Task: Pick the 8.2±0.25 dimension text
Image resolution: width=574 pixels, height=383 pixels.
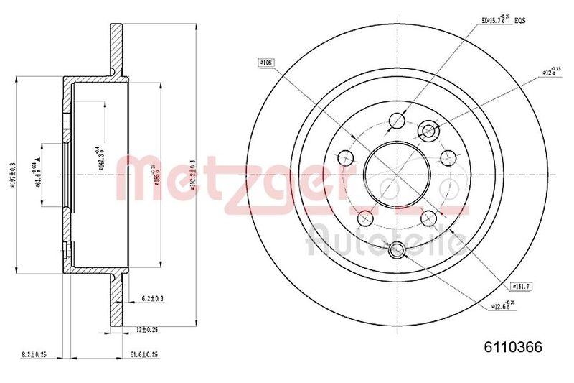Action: click(x=34, y=354)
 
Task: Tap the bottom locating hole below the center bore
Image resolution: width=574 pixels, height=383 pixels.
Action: click(x=397, y=251)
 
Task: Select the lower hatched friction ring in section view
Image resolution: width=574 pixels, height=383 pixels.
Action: click(x=116, y=298)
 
